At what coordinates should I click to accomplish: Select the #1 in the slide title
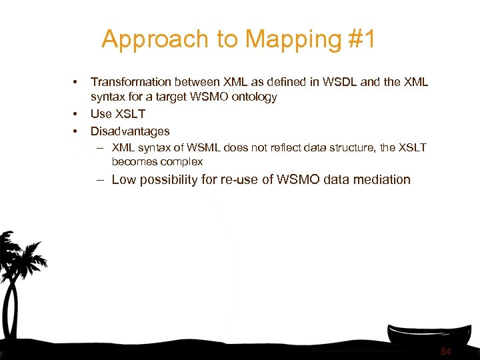coord(362,39)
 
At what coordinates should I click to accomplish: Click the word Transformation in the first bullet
coord(131,82)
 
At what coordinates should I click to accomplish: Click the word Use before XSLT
coord(101,114)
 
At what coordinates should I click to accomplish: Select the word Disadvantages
coord(130,131)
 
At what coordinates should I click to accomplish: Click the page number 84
coord(446,351)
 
